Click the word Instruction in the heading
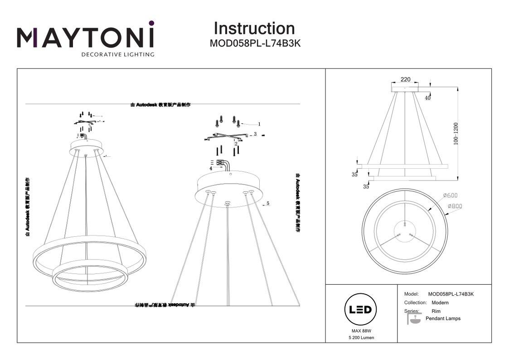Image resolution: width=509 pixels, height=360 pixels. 254,28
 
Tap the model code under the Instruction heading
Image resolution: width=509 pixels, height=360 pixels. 255,44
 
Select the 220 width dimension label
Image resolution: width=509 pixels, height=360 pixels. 405,79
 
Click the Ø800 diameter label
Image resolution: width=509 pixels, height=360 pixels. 455,206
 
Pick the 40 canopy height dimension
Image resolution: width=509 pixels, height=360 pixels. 427,97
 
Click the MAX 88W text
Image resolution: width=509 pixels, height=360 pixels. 361,331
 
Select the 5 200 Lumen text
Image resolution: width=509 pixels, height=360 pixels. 361,338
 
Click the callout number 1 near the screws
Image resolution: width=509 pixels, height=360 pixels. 259,124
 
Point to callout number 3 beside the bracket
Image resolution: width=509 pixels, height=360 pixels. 255,134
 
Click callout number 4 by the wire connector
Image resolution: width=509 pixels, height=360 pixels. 211,168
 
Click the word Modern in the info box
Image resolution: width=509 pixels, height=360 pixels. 440,302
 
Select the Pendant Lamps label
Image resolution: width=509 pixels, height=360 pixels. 443,318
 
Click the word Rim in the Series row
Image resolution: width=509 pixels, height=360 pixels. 436,311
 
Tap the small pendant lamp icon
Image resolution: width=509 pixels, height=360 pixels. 414,319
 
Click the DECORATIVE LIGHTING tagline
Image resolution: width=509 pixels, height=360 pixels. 117,54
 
